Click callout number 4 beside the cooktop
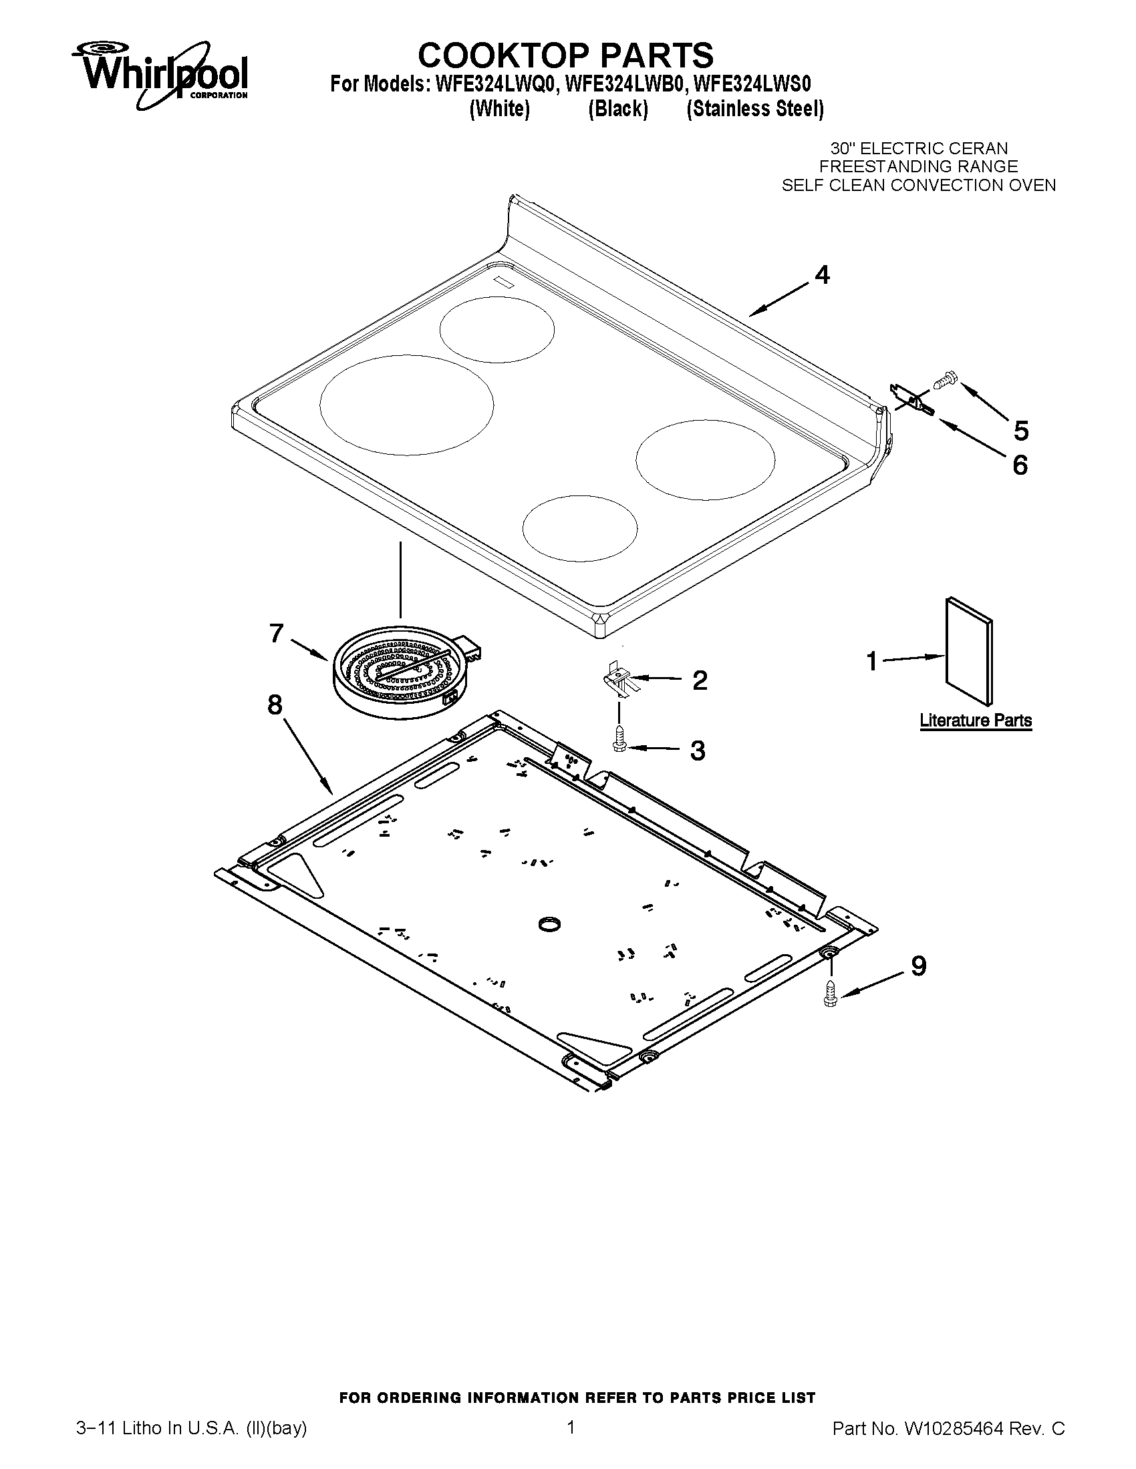click(x=822, y=275)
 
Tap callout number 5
click(x=1021, y=431)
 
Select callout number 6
click(x=1020, y=465)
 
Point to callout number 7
click(x=276, y=633)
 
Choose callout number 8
click(x=275, y=705)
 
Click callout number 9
click(x=918, y=966)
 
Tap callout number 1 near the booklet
click(x=872, y=661)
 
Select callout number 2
click(x=700, y=680)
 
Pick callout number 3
click(x=698, y=750)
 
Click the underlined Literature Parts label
click(x=975, y=720)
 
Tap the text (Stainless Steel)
click(x=754, y=109)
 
